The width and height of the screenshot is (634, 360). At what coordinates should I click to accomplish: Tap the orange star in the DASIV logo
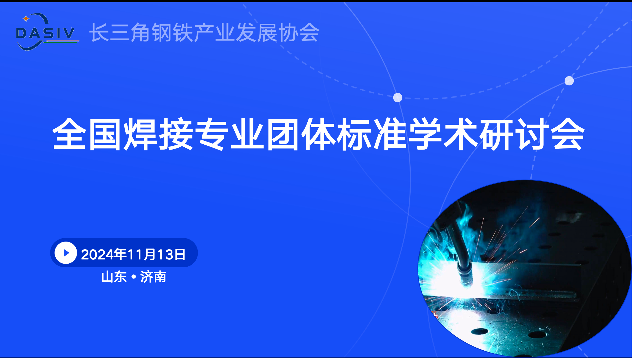[x=26, y=19]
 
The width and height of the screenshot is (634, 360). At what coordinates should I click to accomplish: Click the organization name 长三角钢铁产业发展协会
[x=204, y=33]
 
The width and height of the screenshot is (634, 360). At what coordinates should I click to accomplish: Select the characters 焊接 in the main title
[x=159, y=134]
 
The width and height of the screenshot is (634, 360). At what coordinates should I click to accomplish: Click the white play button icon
[x=66, y=253]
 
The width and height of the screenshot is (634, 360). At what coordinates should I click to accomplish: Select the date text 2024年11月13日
[x=133, y=254]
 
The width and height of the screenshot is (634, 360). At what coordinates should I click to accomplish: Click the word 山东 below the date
[x=114, y=277]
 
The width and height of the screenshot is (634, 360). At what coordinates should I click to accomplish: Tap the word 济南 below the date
[x=153, y=277]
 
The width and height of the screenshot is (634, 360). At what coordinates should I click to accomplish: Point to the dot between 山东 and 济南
[x=134, y=277]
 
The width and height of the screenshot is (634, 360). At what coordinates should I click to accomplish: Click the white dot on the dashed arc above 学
[x=398, y=98]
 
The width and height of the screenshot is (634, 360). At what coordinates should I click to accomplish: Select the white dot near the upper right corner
[x=569, y=81]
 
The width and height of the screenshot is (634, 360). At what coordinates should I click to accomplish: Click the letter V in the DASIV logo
[x=67, y=33]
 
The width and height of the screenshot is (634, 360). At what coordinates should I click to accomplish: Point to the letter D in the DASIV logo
[x=22, y=33]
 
